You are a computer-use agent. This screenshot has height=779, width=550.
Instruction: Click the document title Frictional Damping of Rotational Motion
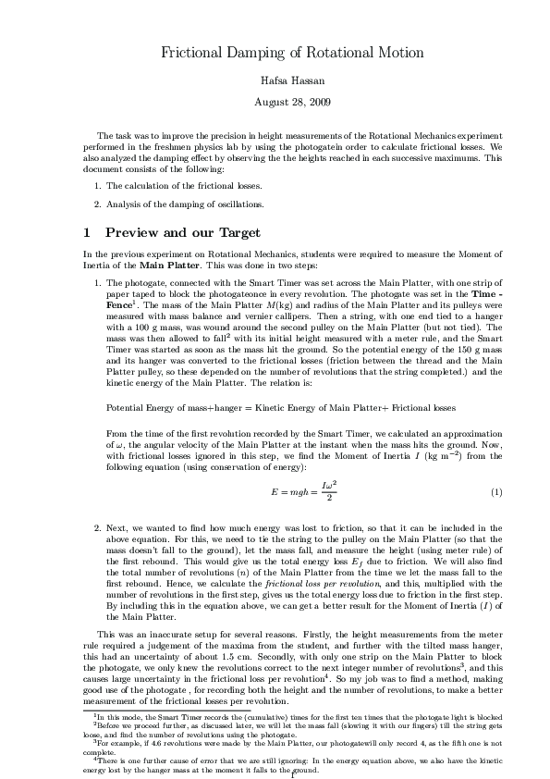click(292, 53)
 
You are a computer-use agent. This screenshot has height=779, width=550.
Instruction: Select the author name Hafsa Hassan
click(292, 80)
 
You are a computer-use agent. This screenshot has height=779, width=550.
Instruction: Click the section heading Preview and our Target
click(183, 232)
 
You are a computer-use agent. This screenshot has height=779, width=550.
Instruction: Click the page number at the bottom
click(293, 773)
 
